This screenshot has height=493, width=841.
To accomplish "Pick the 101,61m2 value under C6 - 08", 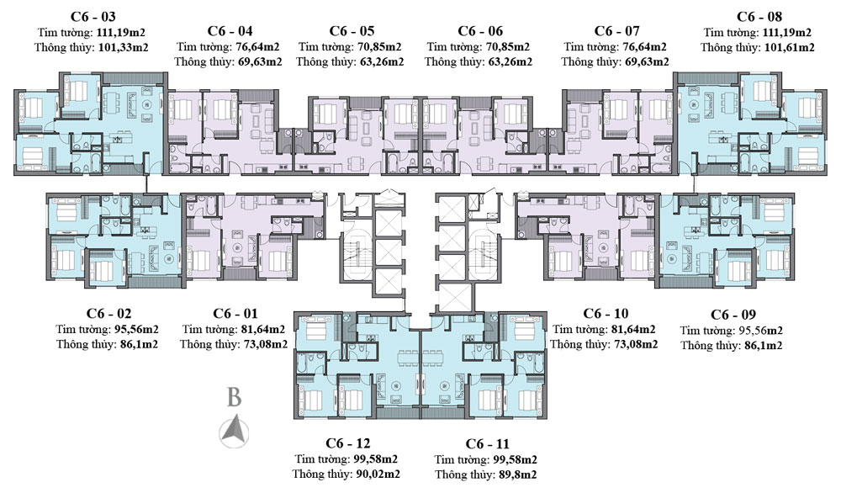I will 789,47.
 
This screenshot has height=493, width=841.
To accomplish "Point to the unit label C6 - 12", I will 346,443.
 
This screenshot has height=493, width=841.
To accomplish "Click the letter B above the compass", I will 235,397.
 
